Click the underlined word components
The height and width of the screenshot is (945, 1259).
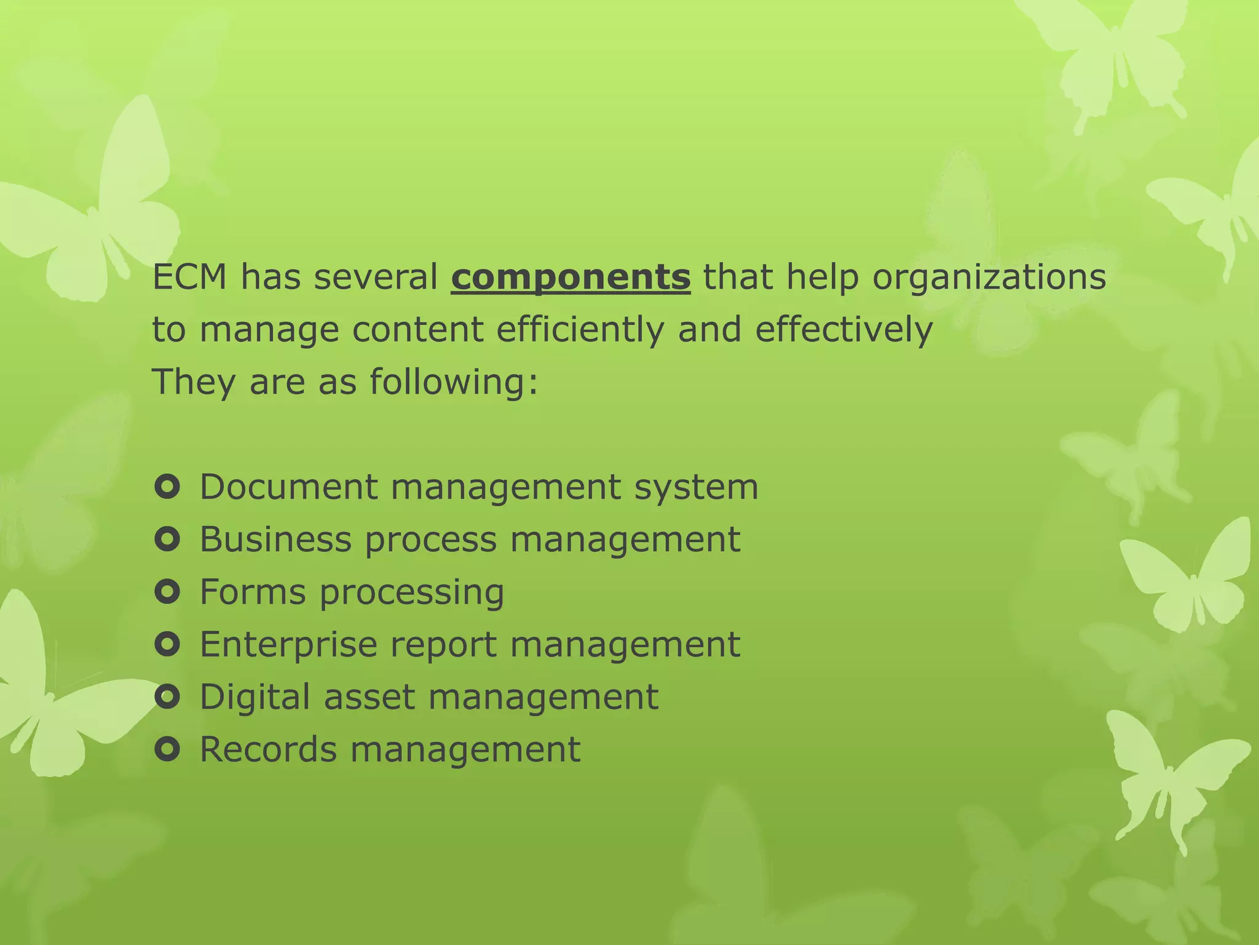pyautogui.click(x=570, y=277)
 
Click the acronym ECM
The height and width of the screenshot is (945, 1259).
pyautogui.click(x=189, y=277)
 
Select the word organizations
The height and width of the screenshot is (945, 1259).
pyautogui.click(x=989, y=277)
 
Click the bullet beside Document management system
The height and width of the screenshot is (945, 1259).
pyautogui.click(x=167, y=487)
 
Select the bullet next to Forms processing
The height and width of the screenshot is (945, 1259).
pyautogui.click(x=167, y=592)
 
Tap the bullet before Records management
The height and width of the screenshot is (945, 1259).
pyautogui.click(x=167, y=749)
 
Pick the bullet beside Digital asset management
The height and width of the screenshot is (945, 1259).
pyautogui.click(x=167, y=697)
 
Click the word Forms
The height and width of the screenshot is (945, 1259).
pyautogui.click(x=253, y=592)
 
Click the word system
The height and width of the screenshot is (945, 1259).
pyautogui.click(x=696, y=488)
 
